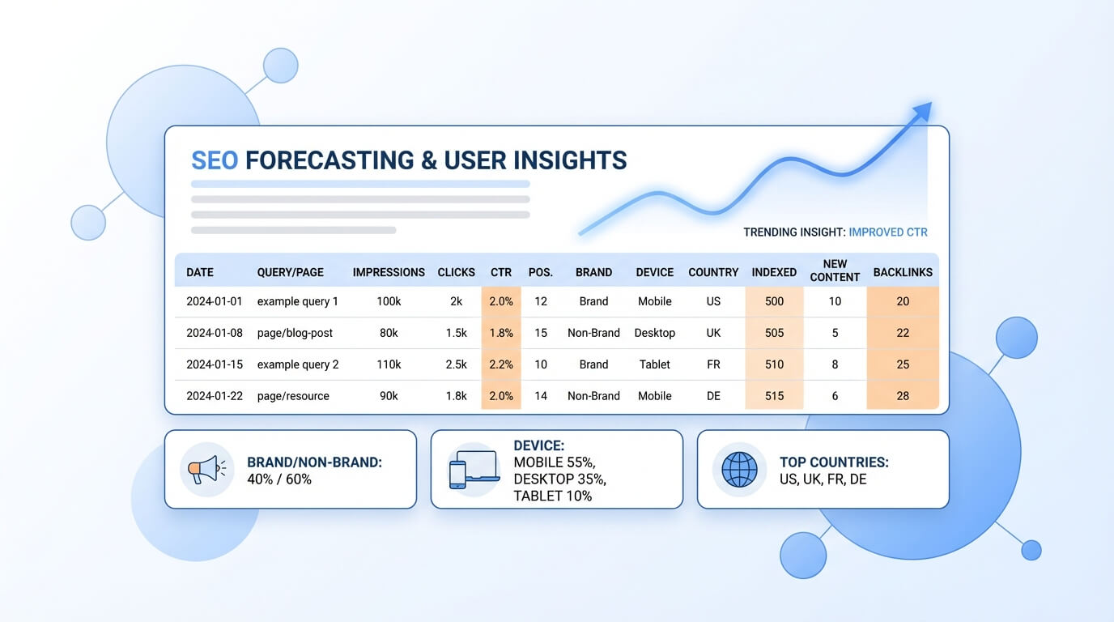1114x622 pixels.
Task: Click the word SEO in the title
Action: tap(215, 160)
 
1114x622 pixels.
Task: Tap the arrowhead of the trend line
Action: tap(922, 112)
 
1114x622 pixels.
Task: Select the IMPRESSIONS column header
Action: tap(389, 272)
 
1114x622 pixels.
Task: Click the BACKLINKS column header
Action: tap(903, 272)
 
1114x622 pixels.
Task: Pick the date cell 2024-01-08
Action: tap(215, 333)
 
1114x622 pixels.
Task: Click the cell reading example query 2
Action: tap(298, 364)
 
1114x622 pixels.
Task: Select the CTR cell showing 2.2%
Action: tap(501, 364)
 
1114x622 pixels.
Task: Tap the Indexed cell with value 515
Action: tap(774, 396)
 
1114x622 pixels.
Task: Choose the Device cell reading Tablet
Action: tap(654, 364)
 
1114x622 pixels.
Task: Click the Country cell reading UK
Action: tap(713, 333)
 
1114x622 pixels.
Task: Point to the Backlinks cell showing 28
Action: tap(903, 396)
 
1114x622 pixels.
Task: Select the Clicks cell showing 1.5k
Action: tap(457, 333)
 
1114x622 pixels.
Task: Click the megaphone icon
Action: tap(206, 470)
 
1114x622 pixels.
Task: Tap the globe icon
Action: tap(739, 470)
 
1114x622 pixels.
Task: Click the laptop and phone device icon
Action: tap(474, 470)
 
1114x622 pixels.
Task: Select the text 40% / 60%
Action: tap(279, 479)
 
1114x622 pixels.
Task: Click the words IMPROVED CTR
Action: tap(888, 232)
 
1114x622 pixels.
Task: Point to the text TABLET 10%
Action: tap(552, 496)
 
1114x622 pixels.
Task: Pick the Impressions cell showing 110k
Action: tap(389, 364)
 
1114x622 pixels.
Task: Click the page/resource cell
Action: tap(293, 396)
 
